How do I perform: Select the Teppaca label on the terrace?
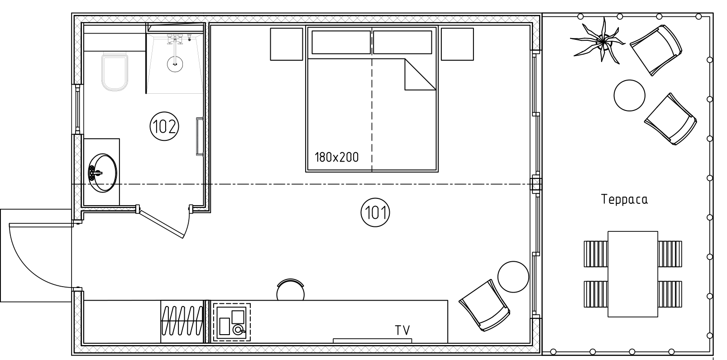(624, 199)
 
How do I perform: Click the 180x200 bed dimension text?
(336, 157)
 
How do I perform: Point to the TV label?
(402, 330)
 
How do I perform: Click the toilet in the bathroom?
(114, 72)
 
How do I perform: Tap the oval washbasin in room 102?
(102, 173)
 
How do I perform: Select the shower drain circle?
(175, 64)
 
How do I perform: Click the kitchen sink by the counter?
(232, 322)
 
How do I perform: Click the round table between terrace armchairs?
(629, 96)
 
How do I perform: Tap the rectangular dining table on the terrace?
(632, 274)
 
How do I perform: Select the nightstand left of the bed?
(286, 44)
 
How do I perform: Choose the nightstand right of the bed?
(457, 44)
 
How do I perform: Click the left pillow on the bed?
(341, 42)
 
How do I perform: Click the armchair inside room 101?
(484, 306)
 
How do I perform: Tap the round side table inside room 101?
(513, 277)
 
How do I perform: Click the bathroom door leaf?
(161, 224)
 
